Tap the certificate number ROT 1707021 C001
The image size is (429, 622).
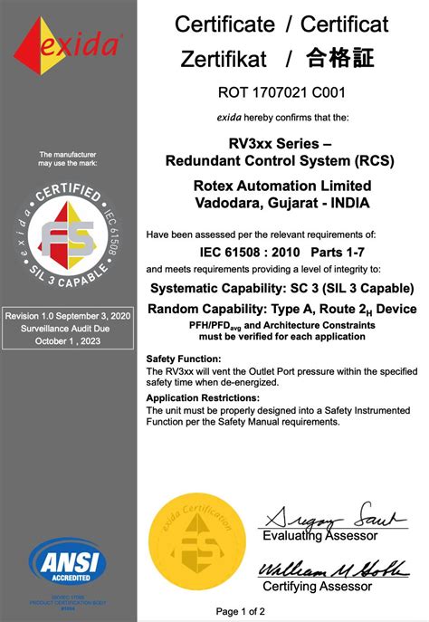tap(282, 91)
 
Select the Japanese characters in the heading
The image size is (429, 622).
tap(340, 60)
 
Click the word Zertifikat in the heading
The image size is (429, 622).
tap(223, 60)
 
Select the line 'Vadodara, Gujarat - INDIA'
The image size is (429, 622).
tap(281, 202)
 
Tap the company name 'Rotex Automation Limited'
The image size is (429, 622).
tap(281, 186)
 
